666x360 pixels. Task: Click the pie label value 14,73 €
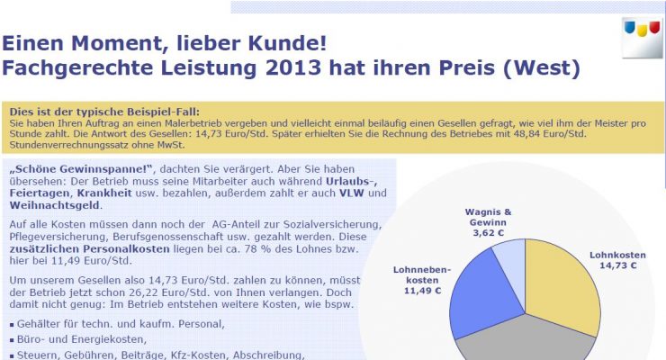618,265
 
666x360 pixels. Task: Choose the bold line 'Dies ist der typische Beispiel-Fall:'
98,109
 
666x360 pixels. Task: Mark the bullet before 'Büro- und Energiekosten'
11,340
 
